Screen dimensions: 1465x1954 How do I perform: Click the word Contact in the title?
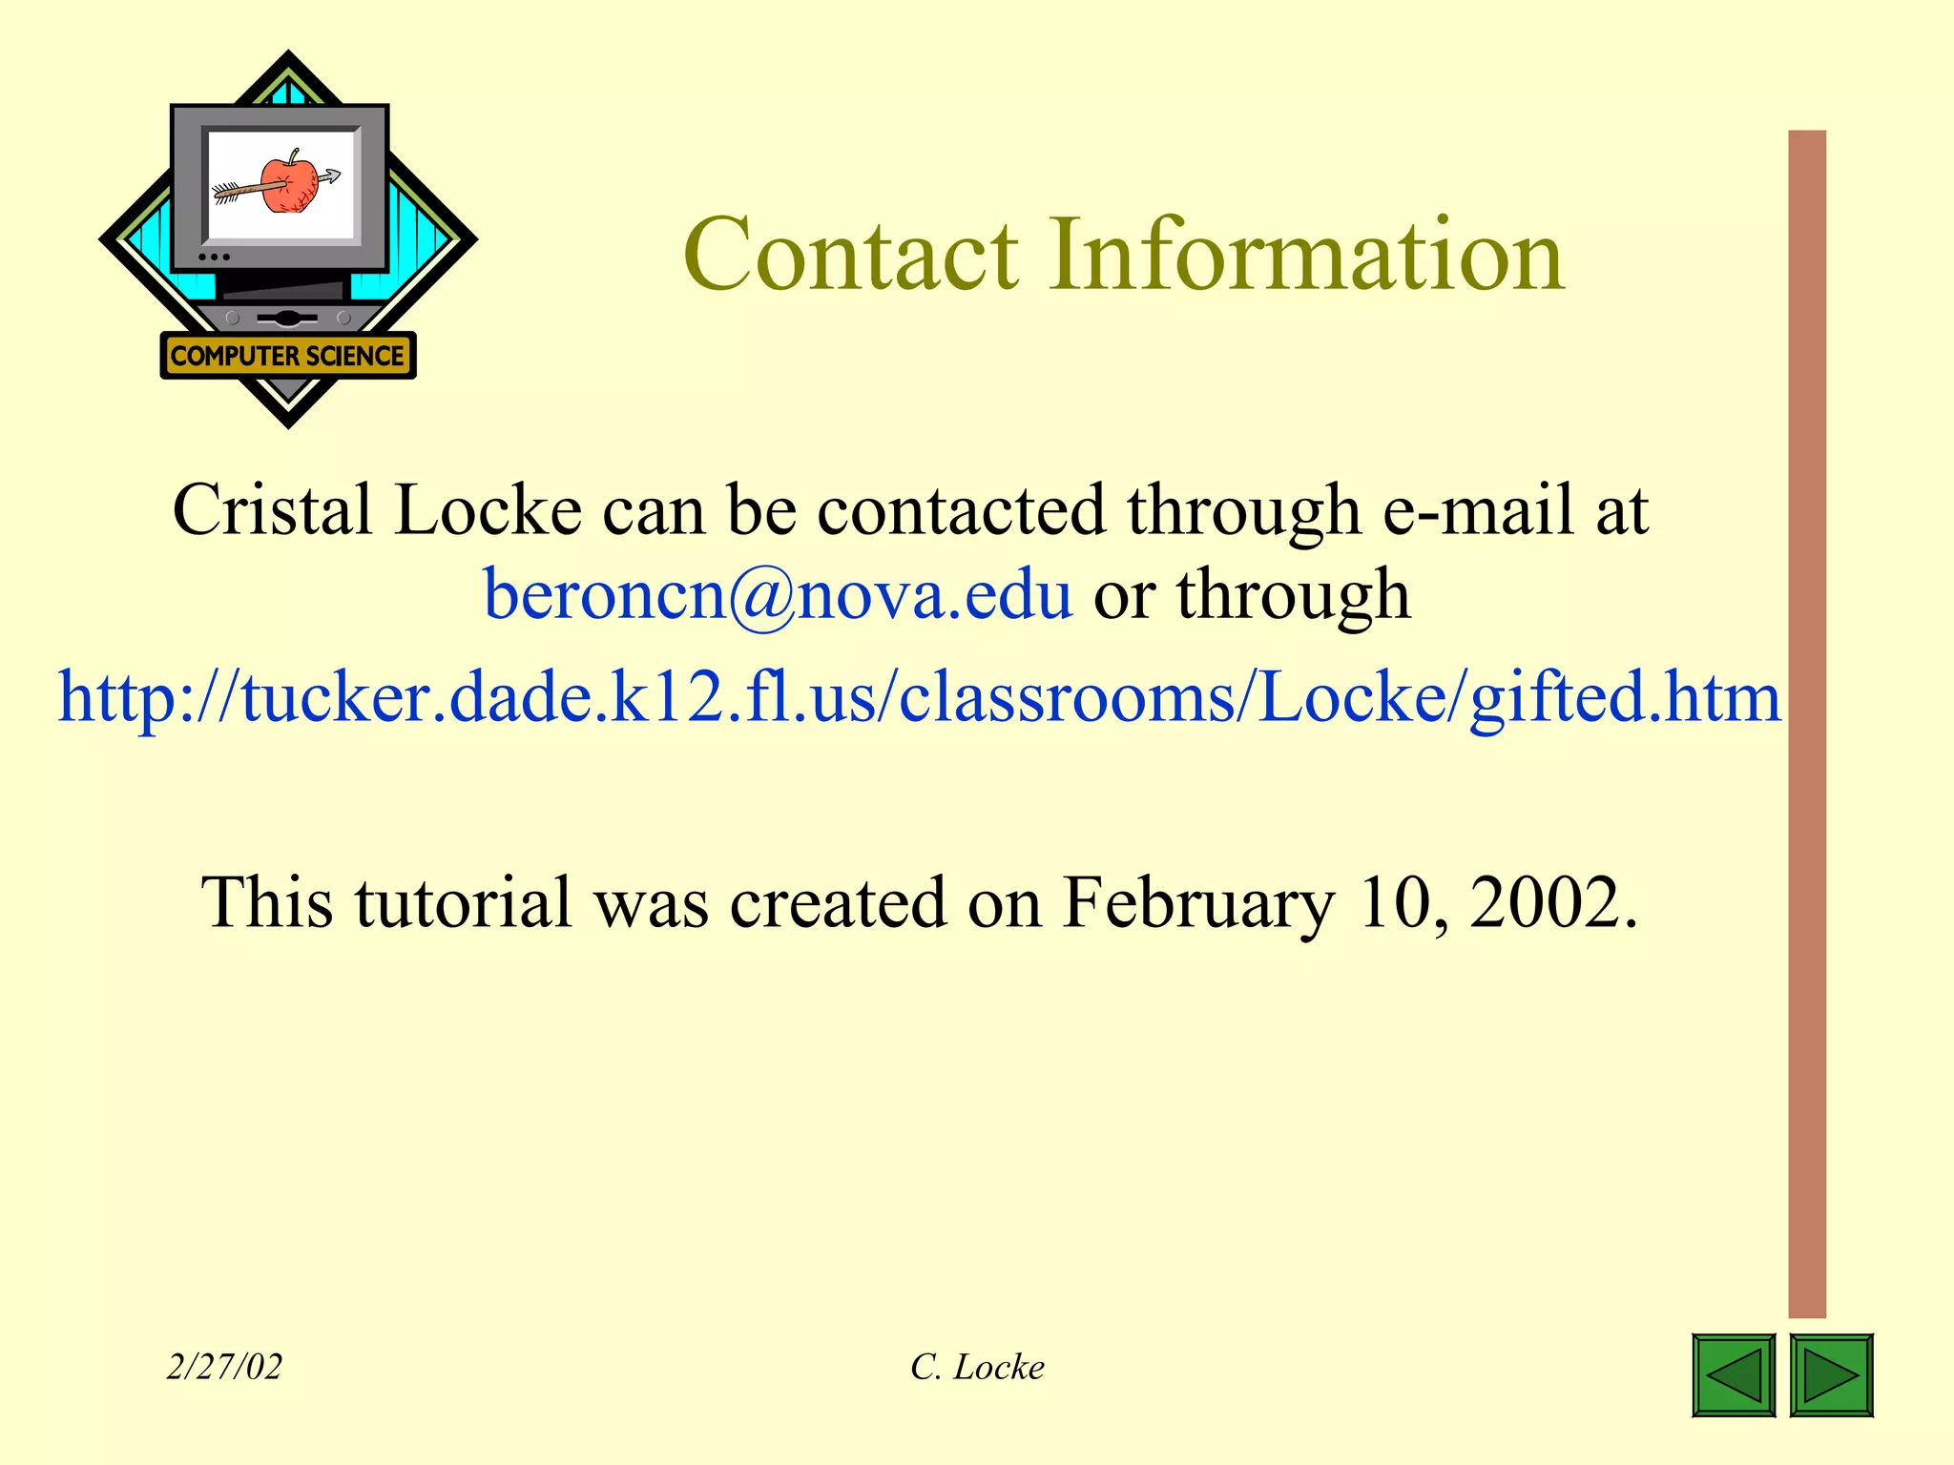point(851,256)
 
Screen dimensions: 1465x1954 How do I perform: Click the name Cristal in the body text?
point(272,510)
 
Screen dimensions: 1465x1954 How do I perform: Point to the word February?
point(1198,902)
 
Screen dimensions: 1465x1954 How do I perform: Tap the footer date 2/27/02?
point(224,1367)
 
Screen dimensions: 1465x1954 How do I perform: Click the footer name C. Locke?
point(977,1367)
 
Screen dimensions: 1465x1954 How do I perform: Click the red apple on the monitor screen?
point(290,183)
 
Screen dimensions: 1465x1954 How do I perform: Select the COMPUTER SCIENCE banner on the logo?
point(287,356)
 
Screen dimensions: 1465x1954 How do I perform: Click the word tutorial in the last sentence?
point(464,902)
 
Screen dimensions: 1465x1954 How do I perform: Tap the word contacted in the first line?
point(961,510)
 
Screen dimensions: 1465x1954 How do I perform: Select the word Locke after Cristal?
point(488,510)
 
